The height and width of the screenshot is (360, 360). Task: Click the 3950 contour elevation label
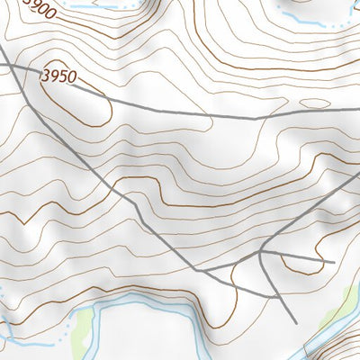click(56, 79)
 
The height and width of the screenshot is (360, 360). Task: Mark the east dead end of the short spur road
click(334, 263)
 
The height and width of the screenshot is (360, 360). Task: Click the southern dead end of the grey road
click(297, 322)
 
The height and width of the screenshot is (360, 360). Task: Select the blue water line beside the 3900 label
click(90, 7)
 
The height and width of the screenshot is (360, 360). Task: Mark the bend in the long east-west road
click(256, 117)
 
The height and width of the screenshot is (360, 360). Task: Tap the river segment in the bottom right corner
click(337, 346)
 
